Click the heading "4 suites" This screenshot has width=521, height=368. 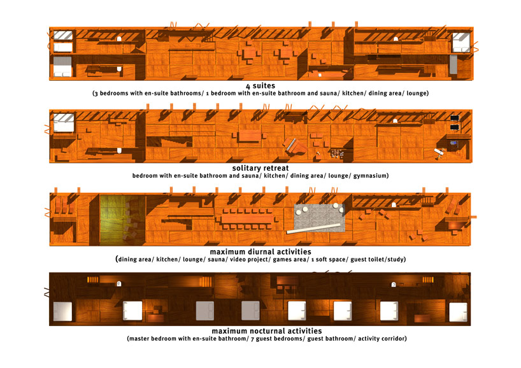click(x=260, y=86)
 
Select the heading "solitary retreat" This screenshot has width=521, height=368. click(x=260, y=168)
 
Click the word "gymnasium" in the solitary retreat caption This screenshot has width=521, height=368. click(x=370, y=176)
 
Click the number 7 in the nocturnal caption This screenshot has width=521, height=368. click(x=252, y=339)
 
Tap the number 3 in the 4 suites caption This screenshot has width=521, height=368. click(x=96, y=94)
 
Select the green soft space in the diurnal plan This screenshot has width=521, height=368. click(x=123, y=220)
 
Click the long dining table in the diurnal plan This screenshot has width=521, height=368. click(x=248, y=219)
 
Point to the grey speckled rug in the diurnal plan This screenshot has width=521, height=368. click(x=319, y=218)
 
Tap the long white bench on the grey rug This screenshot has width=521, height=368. click(x=313, y=229)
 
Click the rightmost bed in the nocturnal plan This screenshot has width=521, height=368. click(x=458, y=312)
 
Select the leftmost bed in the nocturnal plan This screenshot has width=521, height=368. click(x=62, y=311)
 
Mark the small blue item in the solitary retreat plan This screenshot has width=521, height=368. click(x=454, y=143)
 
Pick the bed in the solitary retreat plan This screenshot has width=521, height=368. click(x=64, y=123)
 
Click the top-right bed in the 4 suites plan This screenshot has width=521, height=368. click(x=461, y=42)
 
